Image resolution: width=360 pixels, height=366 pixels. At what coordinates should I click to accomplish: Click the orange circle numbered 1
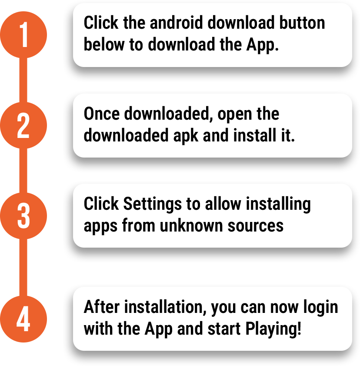click(23, 35)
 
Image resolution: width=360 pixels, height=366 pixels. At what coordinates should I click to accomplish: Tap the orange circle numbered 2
click(23, 125)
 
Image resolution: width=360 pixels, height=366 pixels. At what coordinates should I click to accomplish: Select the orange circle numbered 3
click(23, 216)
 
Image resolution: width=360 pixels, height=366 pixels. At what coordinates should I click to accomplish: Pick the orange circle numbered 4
click(23, 319)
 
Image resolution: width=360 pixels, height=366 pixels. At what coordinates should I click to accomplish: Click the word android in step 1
click(176, 23)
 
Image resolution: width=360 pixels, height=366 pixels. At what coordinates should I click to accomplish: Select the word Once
click(102, 114)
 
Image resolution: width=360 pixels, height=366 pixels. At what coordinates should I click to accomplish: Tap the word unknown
click(191, 225)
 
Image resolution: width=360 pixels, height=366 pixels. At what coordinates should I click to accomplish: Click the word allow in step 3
click(223, 204)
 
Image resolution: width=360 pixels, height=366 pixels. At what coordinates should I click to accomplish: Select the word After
click(101, 307)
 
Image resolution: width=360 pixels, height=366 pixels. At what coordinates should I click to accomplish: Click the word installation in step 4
click(165, 307)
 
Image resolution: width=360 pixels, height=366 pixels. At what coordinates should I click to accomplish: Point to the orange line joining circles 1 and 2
click(23, 80)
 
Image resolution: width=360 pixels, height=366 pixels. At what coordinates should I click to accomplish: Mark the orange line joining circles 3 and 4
click(23, 268)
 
